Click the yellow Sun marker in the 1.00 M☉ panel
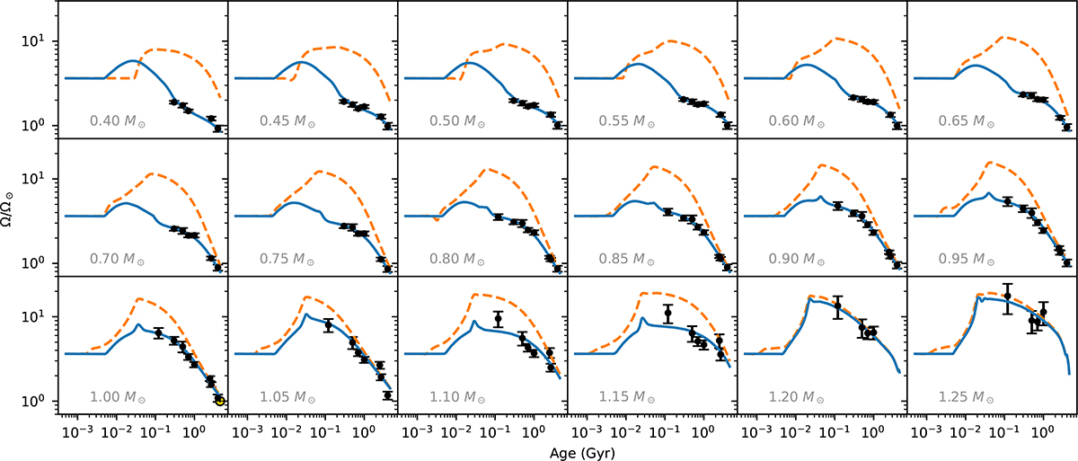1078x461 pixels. pos(220,401)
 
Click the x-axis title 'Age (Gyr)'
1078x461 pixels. pos(582,453)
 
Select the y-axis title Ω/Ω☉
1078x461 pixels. pos(9,208)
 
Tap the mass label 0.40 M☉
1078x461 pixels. pos(118,120)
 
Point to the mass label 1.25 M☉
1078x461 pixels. pos(967,397)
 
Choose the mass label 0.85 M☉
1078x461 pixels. pos(627,259)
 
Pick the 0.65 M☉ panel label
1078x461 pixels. pos(967,120)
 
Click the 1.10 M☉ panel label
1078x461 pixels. pos(457,397)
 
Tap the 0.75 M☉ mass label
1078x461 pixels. pos(287,259)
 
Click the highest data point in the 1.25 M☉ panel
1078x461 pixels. pos(1007,297)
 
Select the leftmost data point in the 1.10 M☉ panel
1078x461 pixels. pos(498,318)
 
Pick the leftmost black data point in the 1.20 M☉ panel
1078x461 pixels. pos(838,306)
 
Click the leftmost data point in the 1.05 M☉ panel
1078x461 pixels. pos(328,325)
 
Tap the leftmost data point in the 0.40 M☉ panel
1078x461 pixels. pos(173,102)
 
